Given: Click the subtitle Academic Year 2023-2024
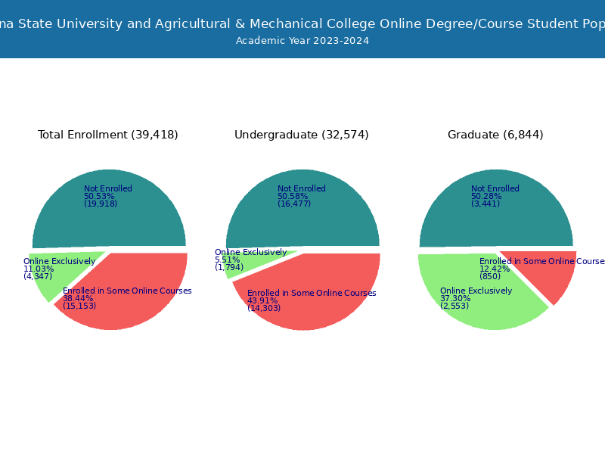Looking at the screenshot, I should (x=302, y=41).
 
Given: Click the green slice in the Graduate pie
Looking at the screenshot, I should (x=484, y=306).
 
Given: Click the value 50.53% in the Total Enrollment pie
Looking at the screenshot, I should (x=99, y=197).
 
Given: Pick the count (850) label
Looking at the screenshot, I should (x=490, y=276).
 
